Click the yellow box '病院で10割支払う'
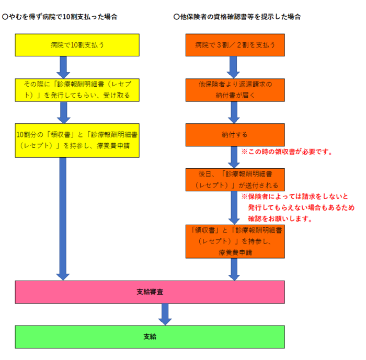click(x=77, y=45)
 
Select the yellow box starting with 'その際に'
click(x=77, y=89)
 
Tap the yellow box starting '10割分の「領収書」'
click(x=77, y=140)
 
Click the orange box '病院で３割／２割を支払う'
click(x=235, y=45)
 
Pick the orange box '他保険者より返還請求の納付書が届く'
click(x=235, y=89)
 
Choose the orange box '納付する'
click(x=235, y=135)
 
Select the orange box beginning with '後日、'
click(x=235, y=179)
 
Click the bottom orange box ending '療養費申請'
click(x=235, y=241)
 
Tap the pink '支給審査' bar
click(x=150, y=292)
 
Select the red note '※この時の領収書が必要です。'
click(x=287, y=153)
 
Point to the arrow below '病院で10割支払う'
click(x=63, y=67)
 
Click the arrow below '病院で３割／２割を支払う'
click(x=234, y=67)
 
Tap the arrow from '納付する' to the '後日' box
click(x=234, y=157)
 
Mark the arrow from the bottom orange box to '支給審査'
click(x=234, y=269)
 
